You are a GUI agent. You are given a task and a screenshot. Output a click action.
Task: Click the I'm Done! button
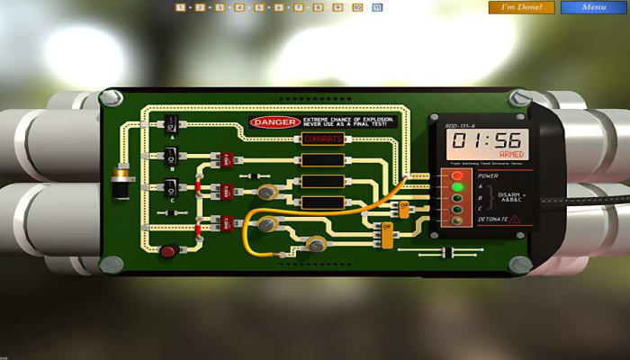click(x=521, y=7)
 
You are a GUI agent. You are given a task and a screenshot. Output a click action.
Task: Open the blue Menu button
click(x=593, y=7)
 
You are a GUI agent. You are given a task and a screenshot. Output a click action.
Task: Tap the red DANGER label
click(x=274, y=121)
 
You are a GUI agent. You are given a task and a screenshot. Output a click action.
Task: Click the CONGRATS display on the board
click(x=323, y=139)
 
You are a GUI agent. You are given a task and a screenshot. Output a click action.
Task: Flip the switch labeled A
click(x=171, y=125)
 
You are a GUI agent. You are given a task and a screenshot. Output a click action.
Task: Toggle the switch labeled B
click(x=171, y=156)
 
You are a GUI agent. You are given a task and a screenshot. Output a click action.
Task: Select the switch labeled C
click(x=171, y=187)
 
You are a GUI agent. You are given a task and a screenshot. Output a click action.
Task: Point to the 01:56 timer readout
click(x=487, y=140)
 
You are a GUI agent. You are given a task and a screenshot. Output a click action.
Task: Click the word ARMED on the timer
click(x=510, y=155)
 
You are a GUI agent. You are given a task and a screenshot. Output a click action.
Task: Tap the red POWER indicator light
click(x=457, y=175)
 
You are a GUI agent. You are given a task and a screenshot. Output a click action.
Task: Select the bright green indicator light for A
click(x=457, y=187)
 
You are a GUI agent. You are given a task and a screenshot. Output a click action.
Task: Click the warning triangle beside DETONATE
click(x=515, y=219)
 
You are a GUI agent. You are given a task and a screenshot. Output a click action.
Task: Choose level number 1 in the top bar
click(x=180, y=7)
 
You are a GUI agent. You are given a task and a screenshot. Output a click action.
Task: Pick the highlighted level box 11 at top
click(x=377, y=7)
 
